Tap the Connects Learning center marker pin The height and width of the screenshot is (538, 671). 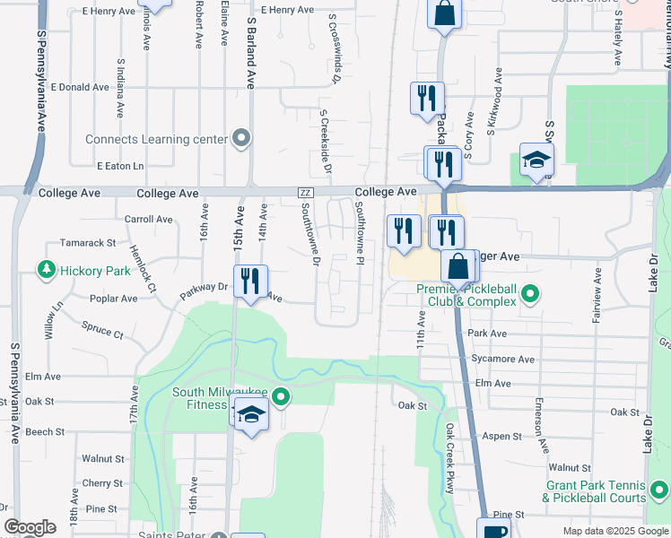coord(240,139)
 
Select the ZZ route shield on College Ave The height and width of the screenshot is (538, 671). coord(305,193)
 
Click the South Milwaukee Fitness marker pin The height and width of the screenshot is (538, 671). coord(282,395)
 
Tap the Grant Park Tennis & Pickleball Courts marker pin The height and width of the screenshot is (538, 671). coord(659,490)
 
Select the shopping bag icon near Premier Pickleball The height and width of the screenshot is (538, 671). coord(457,267)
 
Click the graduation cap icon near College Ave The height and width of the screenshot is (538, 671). coord(536,161)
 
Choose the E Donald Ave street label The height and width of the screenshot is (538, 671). coord(80,88)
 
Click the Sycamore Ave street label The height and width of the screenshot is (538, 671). coord(507,360)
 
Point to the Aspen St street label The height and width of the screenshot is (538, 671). coord(503,437)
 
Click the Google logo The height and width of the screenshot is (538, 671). coord(30,528)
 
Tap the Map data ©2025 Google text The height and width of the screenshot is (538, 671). coord(614,531)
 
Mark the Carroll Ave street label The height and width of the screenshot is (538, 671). coord(148,219)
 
